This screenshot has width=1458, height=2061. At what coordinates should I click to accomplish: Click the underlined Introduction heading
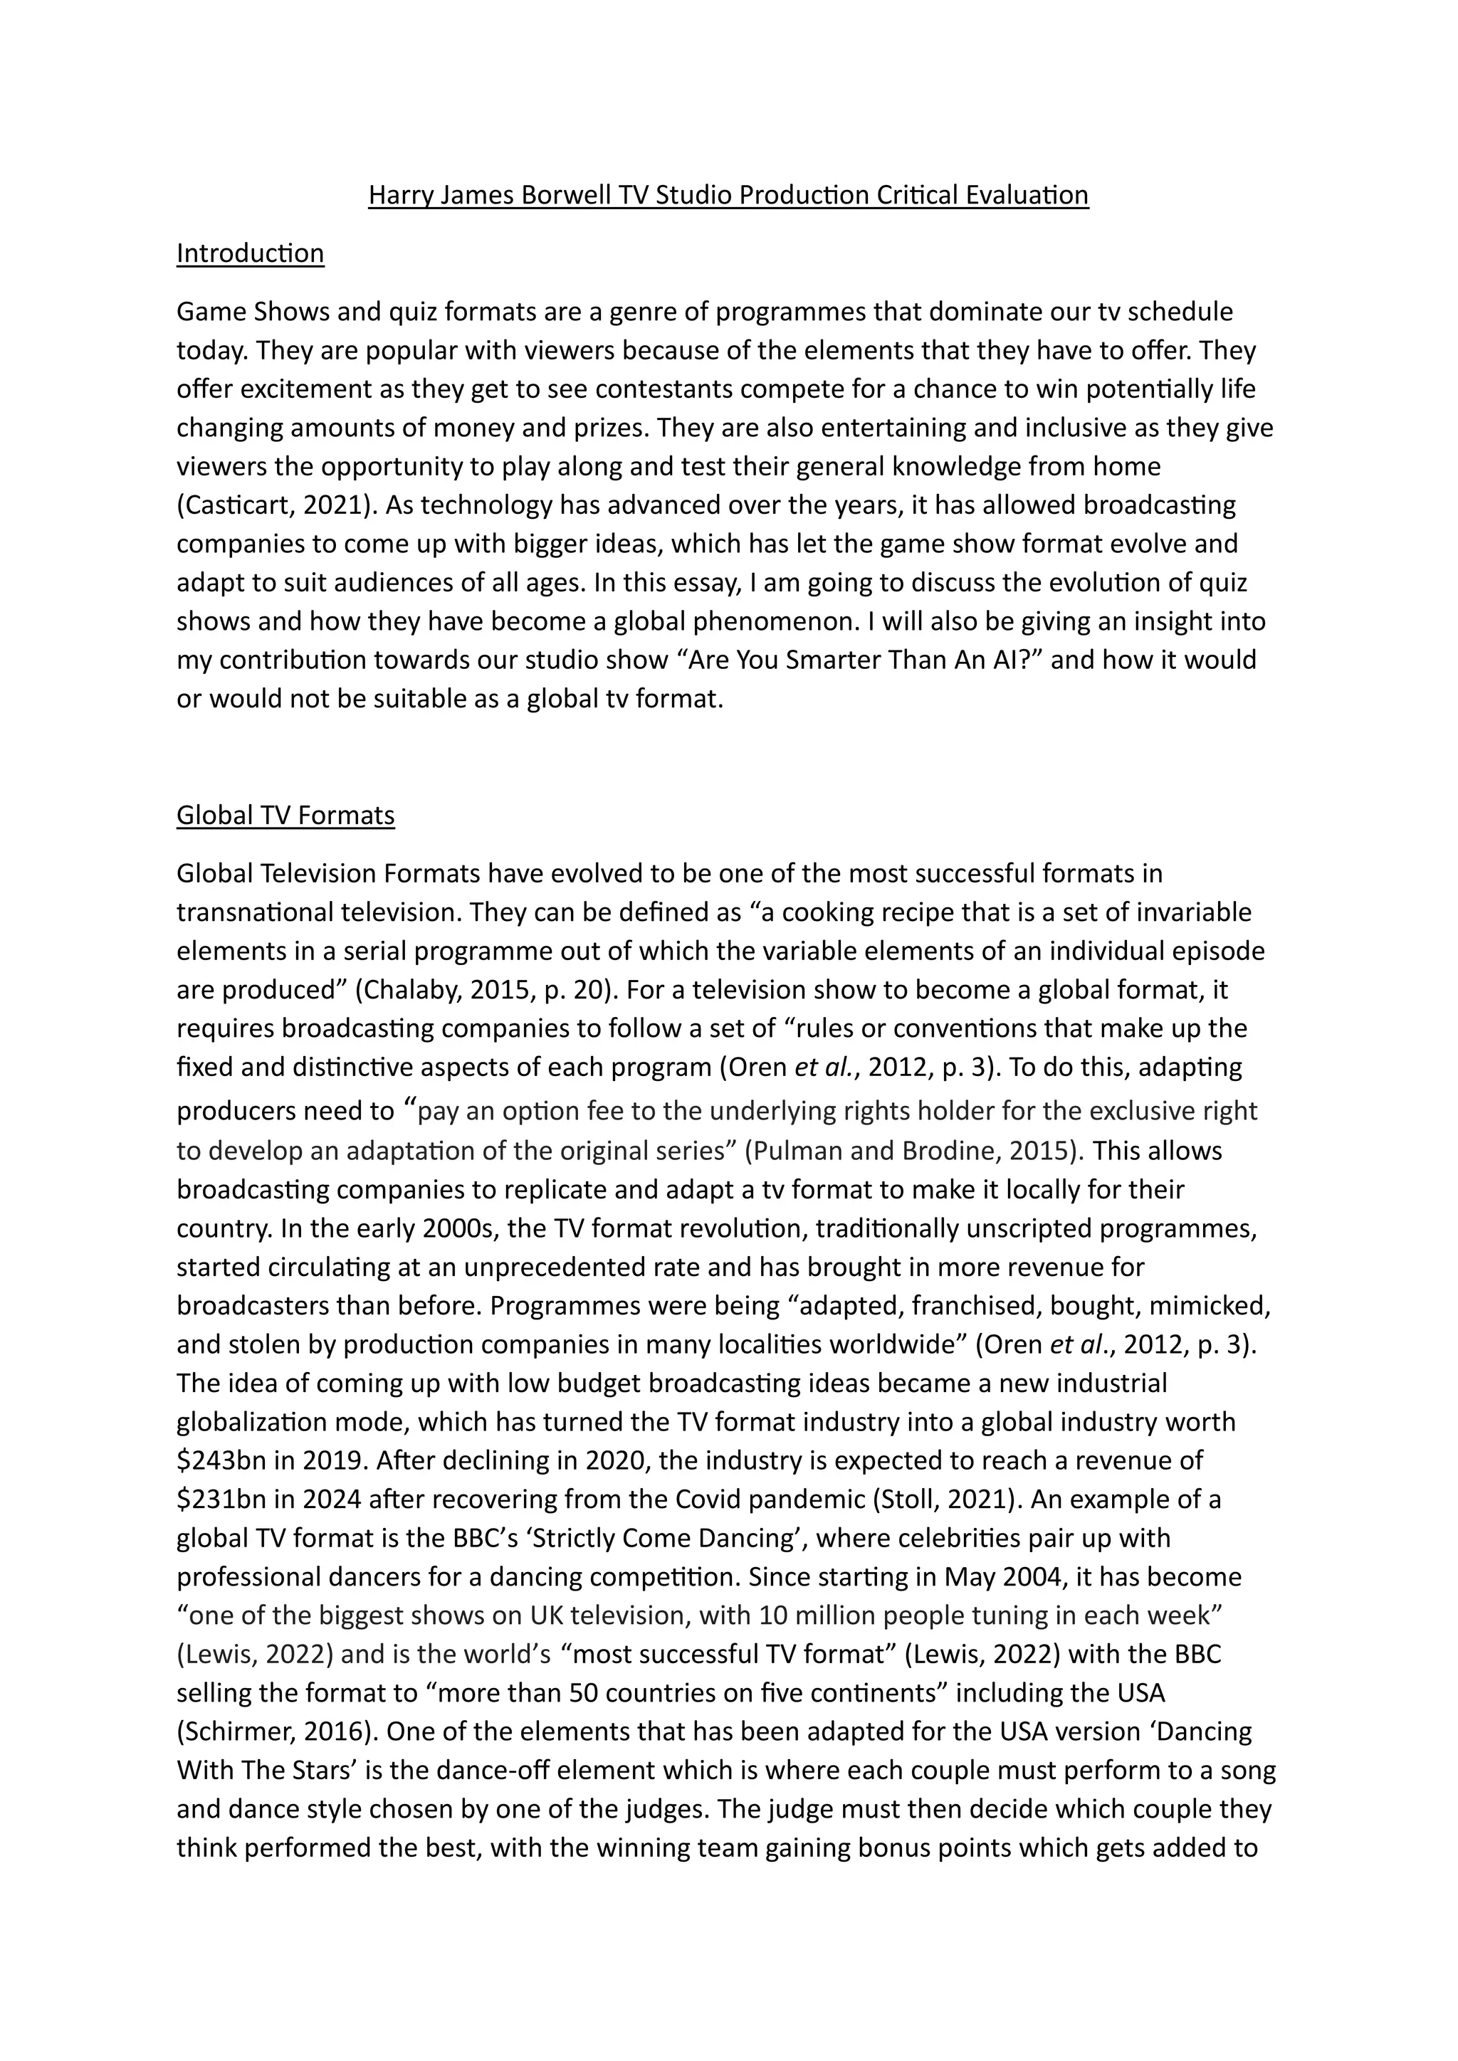coord(250,254)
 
